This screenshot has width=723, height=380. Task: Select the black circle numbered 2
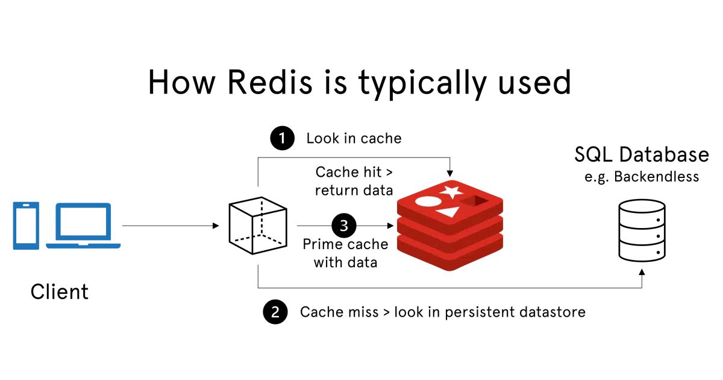[275, 312]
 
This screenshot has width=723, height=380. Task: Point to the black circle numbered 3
[343, 227]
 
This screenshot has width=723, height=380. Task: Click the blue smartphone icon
[26, 226]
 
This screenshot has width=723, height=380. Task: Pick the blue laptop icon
[84, 226]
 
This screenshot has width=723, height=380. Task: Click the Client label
[60, 292]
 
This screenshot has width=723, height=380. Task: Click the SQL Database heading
[641, 155]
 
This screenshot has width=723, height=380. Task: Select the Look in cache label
[354, 139]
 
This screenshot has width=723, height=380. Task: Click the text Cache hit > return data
[354, 182]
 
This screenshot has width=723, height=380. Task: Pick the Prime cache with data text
[345, 253]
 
